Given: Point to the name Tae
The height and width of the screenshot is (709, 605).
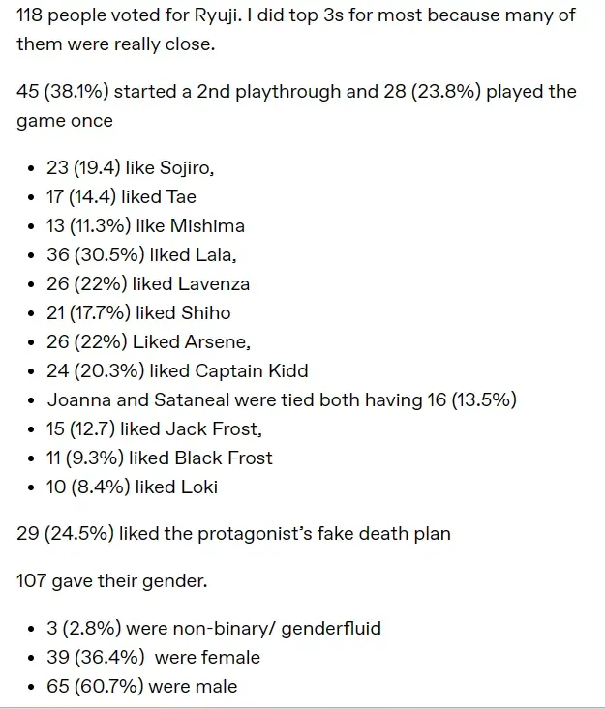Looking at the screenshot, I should [x=181, y=197].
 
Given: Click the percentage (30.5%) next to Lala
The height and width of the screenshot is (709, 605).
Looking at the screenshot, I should [x=114, y=255].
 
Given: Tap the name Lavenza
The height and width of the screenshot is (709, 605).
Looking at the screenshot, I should [x=213, y=284].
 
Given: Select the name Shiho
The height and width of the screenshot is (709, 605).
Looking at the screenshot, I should [x=205, y=313].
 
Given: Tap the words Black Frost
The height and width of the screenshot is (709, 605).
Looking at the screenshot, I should [x=224, y=458].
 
